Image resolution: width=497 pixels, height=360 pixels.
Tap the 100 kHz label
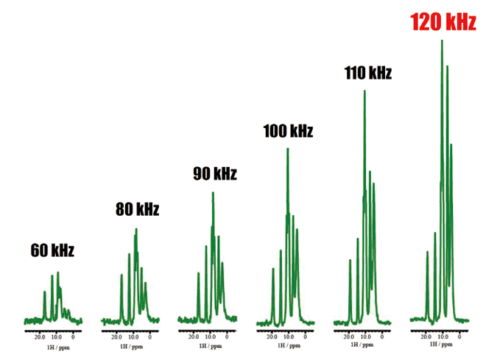pos(288,132)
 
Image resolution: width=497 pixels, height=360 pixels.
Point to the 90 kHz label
pos(214,174)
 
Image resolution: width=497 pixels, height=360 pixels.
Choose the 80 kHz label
pos(137,210)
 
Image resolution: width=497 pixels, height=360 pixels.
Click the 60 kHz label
pos(52,250)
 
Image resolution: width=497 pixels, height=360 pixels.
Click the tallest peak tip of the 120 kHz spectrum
pos(442,40)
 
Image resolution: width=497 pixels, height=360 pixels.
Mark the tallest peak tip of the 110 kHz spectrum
pos(364,91)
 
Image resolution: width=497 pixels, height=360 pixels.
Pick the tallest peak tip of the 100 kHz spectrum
pos(288,149)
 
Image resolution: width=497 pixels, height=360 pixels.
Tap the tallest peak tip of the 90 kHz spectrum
pos(213,193)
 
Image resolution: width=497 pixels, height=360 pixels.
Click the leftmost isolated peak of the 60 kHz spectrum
pos(45,292)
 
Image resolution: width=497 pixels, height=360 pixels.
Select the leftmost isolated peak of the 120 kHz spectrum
pos(427,252)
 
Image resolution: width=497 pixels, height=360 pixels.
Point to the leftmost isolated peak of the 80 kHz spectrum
pos(121,276)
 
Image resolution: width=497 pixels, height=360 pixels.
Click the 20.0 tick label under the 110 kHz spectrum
pos(349,336)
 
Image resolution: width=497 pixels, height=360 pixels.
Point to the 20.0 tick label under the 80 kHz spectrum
pos(117,336)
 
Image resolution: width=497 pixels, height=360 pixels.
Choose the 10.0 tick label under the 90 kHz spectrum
pos(210,335)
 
